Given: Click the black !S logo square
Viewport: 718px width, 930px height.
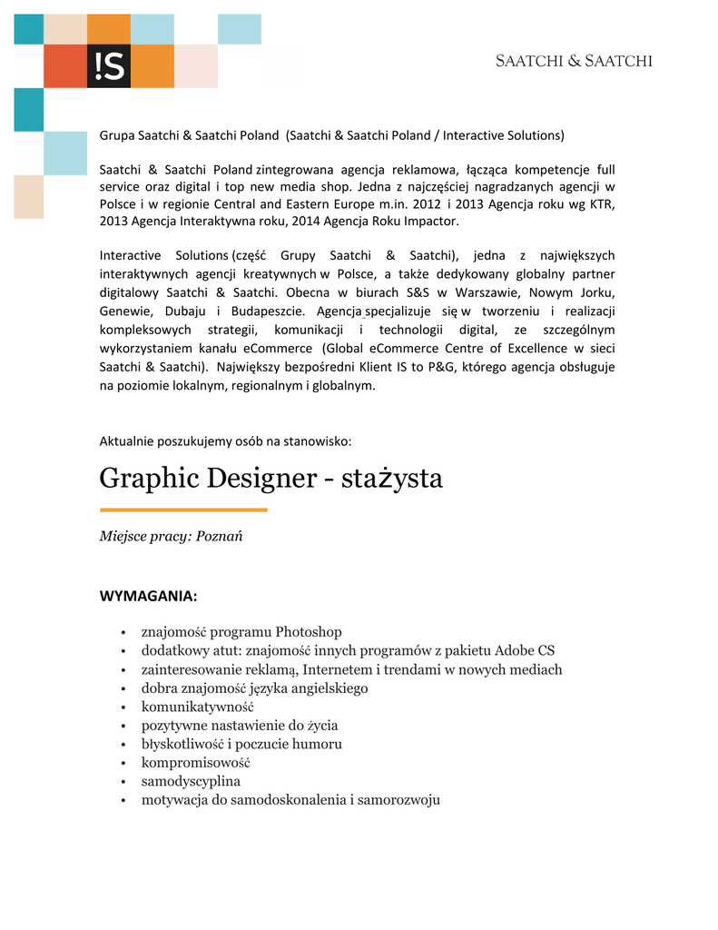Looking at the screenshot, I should tap(109, 65).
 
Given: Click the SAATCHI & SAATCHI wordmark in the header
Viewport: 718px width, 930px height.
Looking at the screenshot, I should tap(574, 62).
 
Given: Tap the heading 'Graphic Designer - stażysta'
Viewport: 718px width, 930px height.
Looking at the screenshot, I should tap(270, 478).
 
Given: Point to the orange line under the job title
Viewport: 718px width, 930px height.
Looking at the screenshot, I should tap(183, 510).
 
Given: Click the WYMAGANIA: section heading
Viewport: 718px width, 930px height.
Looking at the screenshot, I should tap(148, 597).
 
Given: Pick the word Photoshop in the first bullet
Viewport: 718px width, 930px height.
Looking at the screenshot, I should tap(309, 632).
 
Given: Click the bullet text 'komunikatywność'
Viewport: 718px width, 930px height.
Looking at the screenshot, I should tap(197, 707).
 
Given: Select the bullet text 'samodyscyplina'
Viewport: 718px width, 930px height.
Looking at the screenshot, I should tap(191, 781).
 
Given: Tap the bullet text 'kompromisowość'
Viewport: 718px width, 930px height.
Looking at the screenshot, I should tap(195, 762).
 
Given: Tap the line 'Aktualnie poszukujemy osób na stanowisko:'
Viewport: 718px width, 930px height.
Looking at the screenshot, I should tap(225, 441).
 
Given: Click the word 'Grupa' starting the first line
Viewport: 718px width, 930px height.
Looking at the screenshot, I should tap(116, 135).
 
